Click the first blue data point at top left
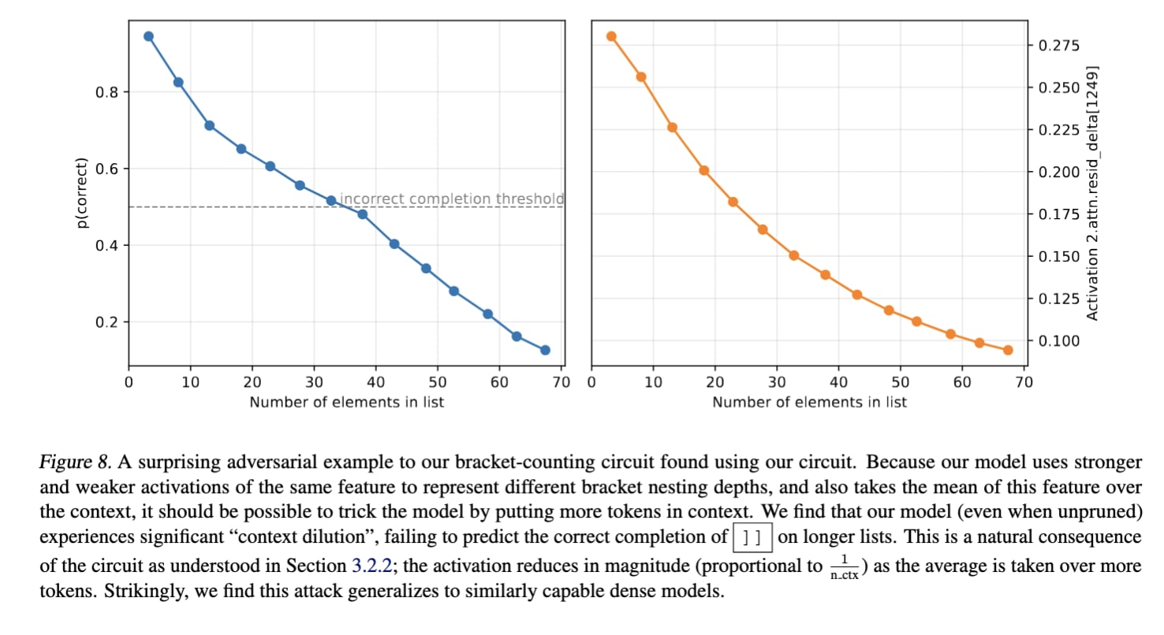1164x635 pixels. tap(148, 36)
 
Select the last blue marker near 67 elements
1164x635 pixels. tap(545, 350)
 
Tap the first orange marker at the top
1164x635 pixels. tap(611, 36)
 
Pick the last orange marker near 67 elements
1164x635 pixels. tap(1008, 350)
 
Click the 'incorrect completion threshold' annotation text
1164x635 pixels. tap(452, 199)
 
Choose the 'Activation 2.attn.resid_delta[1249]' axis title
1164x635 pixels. tap(1093, 193)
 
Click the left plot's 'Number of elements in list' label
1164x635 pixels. tap(346, 402)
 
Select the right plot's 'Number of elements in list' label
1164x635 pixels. tap(809, 402)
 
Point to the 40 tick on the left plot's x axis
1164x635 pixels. tap(376, 383)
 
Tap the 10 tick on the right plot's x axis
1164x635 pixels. tap(653, 383)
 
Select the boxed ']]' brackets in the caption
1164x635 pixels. tap(752, 538)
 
